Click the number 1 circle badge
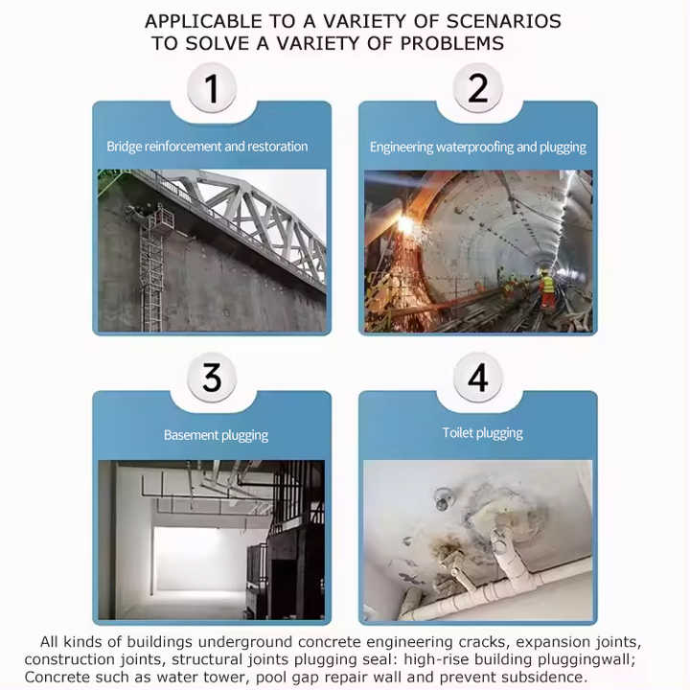point(212,87)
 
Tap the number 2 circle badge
point(477,87)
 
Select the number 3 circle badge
point(212,378)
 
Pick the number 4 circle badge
point(477,378)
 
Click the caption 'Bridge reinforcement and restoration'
point(207,146)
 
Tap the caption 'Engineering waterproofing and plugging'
point(478,147)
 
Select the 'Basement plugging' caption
point(216,435)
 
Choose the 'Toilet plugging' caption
point(483,433)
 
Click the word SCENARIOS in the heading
point(503,21)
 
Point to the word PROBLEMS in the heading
point(452,43)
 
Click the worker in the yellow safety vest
point(547,289)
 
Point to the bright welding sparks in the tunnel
point(404,238)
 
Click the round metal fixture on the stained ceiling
point(442,499)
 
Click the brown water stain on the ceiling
point(449,550)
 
